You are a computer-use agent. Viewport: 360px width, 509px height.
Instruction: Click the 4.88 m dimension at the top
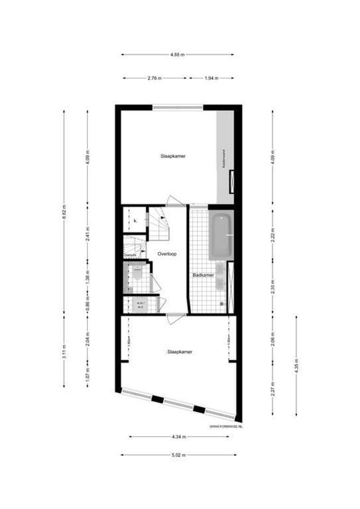tap(177, 55)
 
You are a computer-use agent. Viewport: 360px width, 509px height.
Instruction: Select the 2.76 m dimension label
tap(155, 78)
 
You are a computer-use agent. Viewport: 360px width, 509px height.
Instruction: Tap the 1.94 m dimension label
tap(212, 78)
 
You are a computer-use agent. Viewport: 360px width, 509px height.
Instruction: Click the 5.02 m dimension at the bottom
tap(179, 455)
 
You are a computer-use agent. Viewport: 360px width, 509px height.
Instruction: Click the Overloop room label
tap(167, 254)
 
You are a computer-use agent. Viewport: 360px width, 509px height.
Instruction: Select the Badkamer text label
tap(204, 275)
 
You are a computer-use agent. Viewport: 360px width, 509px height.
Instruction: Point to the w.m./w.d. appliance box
tap(140, 305)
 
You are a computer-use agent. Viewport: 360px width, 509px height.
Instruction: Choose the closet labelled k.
tap(135, 221)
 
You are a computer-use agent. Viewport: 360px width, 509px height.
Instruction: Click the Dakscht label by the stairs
tap(130, 255)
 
